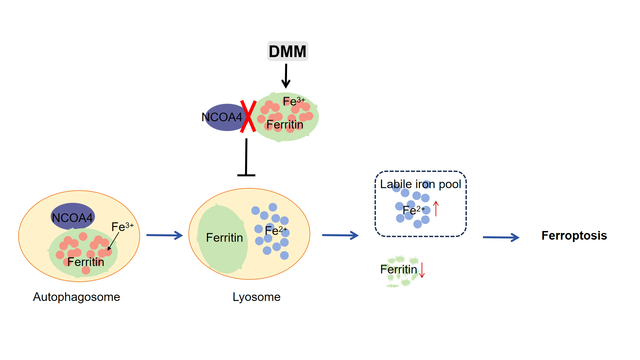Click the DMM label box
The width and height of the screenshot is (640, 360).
(288, 51)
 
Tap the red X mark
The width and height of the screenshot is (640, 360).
(248, 116)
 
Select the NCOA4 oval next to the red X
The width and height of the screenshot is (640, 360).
(223, 117)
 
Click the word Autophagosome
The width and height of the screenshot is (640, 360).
(76, 297)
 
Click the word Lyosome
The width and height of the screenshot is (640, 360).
(256, 297)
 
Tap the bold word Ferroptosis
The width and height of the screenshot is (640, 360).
(574, 236)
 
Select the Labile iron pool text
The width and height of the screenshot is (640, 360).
(420, 184)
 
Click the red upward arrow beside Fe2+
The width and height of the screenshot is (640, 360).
(436, 209)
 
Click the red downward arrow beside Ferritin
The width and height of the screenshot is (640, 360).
(422, 270)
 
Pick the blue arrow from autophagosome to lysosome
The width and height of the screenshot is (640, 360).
(165, 235)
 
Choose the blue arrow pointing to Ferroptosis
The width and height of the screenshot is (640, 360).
(501, 237)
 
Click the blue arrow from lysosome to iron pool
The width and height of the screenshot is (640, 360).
(340, 235)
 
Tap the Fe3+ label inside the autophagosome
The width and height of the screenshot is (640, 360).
(122, 227)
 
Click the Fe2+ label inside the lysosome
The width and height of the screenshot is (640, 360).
(276, 230)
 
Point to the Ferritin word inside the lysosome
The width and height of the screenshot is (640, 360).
(224, 238)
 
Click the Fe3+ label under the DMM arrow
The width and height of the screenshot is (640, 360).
(294, 101)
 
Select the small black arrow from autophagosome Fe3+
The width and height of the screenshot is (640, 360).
(113, 241)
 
